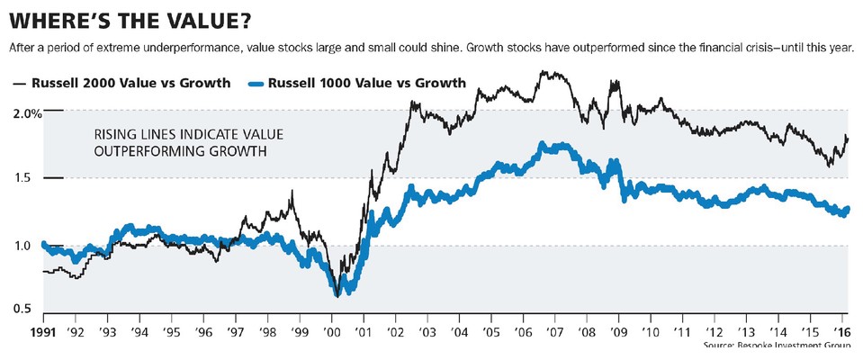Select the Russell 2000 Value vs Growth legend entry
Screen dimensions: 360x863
tap(130, 84)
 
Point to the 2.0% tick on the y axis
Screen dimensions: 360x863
tap(27, 113)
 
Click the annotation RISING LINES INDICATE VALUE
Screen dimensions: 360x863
tap(189, 134)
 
